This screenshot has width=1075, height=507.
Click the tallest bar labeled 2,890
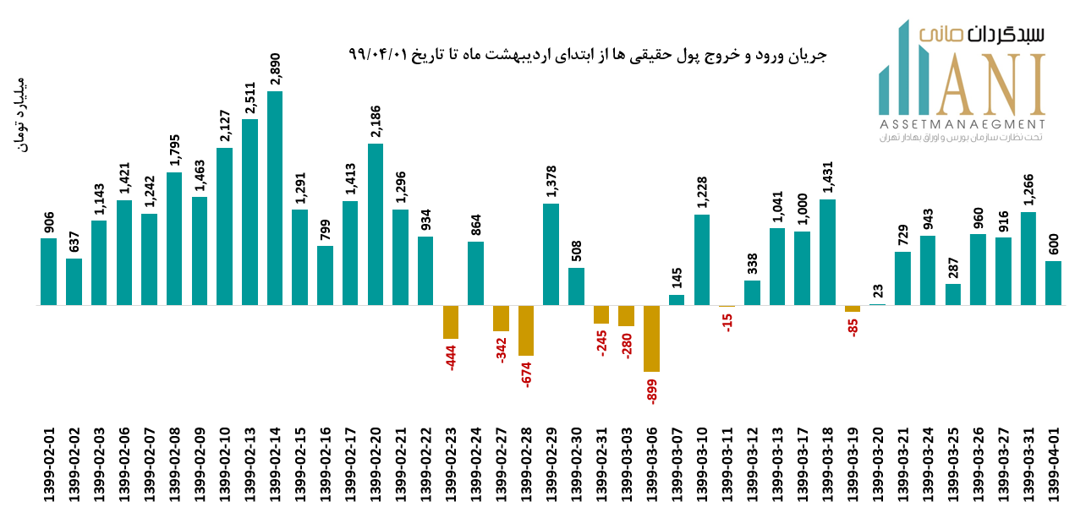pyautogui.click(x=275, y=198)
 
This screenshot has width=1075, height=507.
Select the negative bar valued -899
pyautogui.click(x=651, y=338)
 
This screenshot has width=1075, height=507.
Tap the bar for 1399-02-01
pyautogui.click(x=48, y=271)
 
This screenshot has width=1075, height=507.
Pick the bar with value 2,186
pyautogui.click(x=376, y=224)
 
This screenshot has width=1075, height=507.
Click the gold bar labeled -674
pyautogui.click(x=526, y=330)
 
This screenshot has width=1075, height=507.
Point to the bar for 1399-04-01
pyautogui.click(x=1053, y=283)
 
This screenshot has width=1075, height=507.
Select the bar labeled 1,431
pyautogui.click(x=827, y=252)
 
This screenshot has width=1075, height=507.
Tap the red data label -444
pyautogui.click(x=452, y=357)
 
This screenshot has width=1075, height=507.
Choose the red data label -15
pyautogui.click(x=727, y=323)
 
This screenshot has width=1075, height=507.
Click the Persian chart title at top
pyautogui.click(x=587, y=55)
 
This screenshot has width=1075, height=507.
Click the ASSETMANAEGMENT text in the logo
pyautogui.click(x=962, y=124)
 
